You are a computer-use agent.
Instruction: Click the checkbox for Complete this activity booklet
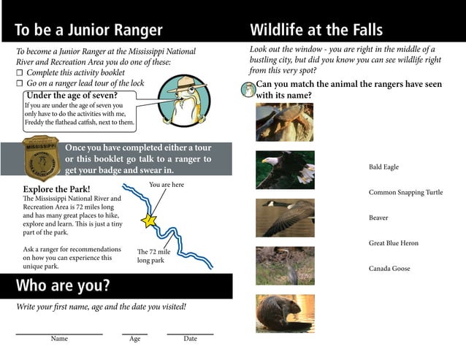click(20, 73)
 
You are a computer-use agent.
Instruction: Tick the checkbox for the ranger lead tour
click(20, 84)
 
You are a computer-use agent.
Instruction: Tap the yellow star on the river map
click(149, 220)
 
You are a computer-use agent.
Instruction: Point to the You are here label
click(167, 185)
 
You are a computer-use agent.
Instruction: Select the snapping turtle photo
click(284, 122)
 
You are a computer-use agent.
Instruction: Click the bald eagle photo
click(284, 169)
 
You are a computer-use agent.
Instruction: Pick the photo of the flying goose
click(284, 218)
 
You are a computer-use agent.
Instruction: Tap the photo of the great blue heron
click(284, 265)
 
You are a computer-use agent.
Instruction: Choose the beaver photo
click(284, 313)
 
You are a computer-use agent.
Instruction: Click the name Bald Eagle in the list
click(383, 167)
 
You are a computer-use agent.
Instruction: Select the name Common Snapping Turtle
click(405, 193)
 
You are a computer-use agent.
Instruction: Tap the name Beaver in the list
click(378, 218)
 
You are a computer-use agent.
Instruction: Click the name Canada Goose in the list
click(389, 269)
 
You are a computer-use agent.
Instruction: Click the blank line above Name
click(59, 333)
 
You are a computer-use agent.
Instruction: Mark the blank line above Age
click(134, 333)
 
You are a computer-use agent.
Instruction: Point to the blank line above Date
click(190, 333)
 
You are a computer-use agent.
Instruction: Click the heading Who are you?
click(63, 286)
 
